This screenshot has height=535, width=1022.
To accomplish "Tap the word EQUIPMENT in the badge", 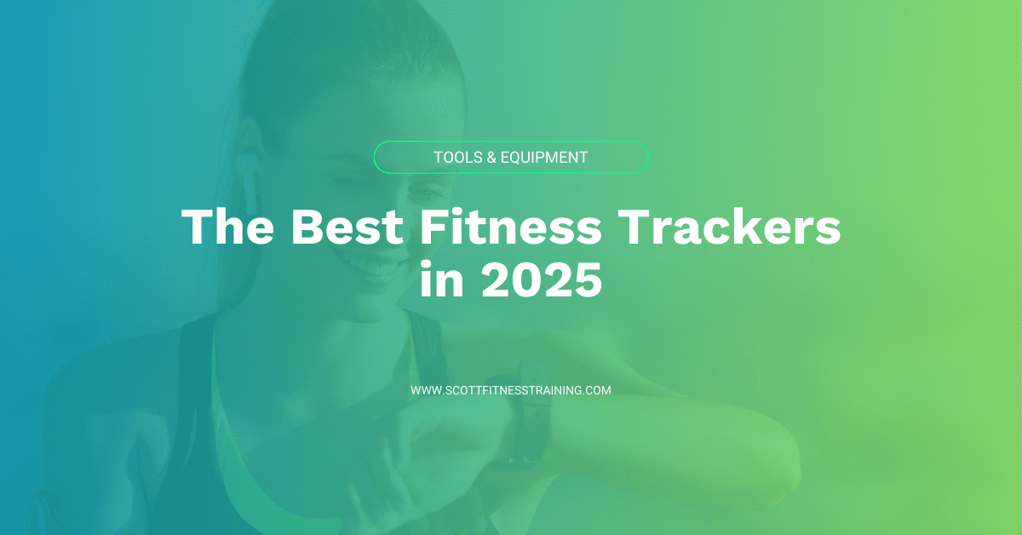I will [545, 158].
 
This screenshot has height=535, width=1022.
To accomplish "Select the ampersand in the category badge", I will [491, 158].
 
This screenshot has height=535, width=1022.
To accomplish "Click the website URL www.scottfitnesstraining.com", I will [511, 390].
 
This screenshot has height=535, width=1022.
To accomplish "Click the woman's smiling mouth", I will [375, 264].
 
